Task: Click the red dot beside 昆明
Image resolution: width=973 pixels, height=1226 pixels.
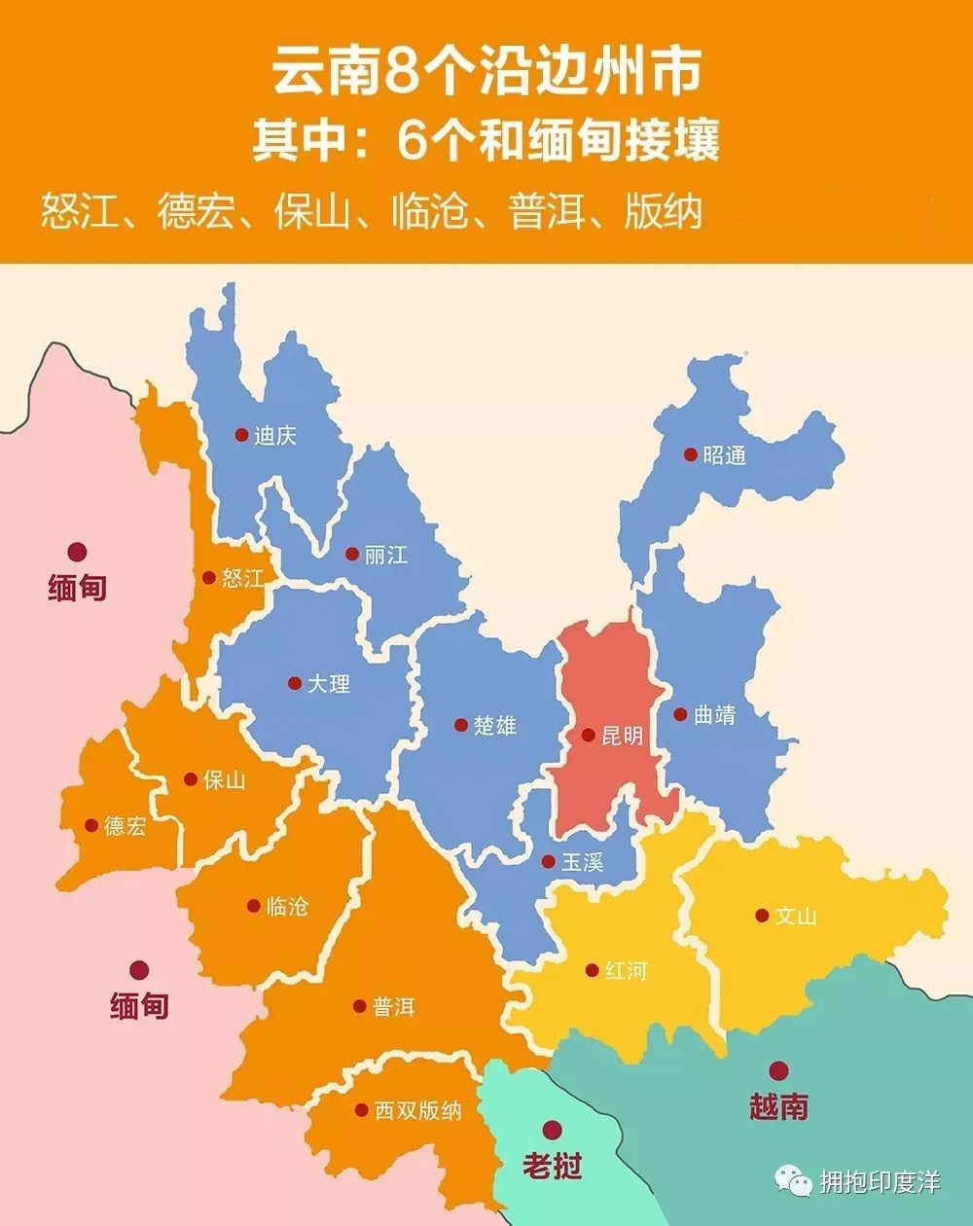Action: (588, 735)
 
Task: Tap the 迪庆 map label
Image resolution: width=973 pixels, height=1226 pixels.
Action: (274, 435)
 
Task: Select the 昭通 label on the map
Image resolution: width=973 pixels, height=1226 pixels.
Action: (724, 454)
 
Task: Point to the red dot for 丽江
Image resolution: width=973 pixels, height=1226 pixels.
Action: (351, 555)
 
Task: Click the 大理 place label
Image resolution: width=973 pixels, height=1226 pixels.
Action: (329, 684)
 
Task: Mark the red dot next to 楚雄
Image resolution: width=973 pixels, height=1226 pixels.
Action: (460, 725)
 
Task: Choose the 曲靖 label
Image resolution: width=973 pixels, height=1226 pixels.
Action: (714, 715)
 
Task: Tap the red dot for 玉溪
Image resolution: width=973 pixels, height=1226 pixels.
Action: (549, 861)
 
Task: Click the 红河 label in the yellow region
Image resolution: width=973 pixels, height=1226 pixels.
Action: (625, 971)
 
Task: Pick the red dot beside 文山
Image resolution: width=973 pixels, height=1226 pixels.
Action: (762, 916)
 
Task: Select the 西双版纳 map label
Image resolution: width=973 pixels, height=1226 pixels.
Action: (418, 1110)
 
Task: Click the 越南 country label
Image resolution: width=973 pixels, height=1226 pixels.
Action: (778, 1106)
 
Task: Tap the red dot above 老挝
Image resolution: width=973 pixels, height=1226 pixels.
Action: (553, 1130)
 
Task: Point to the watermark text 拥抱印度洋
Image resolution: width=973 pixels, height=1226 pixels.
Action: (880, 1182)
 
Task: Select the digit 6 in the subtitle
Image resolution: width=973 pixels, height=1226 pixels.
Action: (410, 142)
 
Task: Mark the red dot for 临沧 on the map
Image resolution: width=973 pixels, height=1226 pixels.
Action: (253, 906)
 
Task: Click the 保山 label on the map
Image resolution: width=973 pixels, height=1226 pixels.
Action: (224, 779)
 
